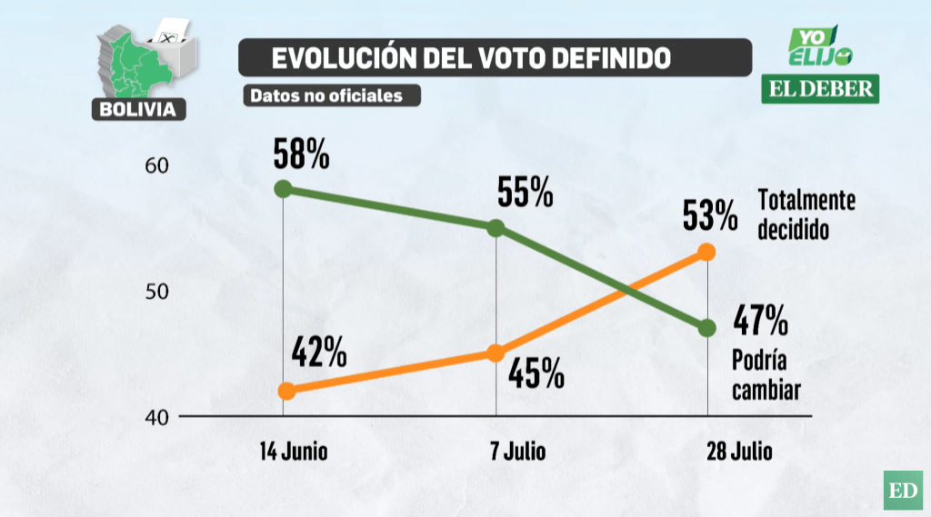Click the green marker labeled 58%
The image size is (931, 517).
click(283, 189)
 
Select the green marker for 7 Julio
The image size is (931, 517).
click(496, 227)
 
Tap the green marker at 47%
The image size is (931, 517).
click(707, 328)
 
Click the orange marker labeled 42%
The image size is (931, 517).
click(286, 391)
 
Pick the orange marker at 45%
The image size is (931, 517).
click(496, 353)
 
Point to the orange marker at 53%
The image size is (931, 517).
click(707, 252)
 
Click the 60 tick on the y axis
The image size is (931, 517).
click(156, 165)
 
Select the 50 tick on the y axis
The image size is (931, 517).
click(156, 292)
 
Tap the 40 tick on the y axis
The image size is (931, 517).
click(156, 417)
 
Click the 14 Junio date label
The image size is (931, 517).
click(293, 451)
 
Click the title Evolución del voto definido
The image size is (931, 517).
click(472, 58)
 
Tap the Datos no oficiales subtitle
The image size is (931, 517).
click(325, 95)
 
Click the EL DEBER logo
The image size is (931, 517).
click(821, 88)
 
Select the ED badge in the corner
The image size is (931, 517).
click(902, 491)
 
